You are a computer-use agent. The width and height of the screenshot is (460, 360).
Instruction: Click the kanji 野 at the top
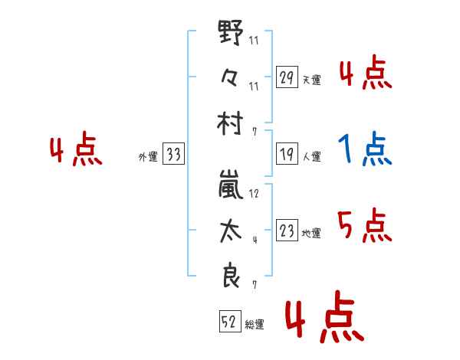click(x=231, y=32)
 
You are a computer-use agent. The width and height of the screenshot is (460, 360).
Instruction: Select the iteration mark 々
click(x=229, y=77)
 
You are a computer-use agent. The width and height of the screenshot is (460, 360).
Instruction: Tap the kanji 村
click(x=230, y=123)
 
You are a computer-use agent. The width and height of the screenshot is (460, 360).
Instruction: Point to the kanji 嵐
click(x=231, y=185)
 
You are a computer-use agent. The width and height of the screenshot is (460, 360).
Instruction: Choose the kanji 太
click(x=231, y=231)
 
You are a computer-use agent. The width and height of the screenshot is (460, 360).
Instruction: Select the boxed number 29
click(x=287, y=77)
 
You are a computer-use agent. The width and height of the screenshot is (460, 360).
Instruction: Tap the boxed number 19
click(x=287, y=154)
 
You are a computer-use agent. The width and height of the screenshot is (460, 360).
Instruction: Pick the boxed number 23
click(x=287, y=230)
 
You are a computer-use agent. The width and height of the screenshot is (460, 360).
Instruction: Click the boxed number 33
click(x=173, y=153)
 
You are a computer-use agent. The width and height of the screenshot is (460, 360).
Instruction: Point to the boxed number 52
click(x=230, y=321)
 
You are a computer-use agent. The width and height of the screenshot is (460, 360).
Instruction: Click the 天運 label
click(x=311, y=80)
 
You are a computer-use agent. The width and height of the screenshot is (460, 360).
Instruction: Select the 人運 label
click(x=311, y=156)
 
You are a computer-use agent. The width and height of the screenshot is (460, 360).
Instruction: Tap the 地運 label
click(x=311, y=234)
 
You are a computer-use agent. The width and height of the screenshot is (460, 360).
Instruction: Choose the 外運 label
click(x=148, y=157)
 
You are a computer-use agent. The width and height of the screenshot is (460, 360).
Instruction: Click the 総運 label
click(x=255, y=325)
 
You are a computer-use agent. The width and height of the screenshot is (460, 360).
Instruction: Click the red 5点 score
click(x=365, y=225)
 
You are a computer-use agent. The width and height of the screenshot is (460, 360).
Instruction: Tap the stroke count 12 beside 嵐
click(x=254, y=194)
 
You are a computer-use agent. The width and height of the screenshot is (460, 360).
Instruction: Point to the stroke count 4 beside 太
click(x=255, y=240)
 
